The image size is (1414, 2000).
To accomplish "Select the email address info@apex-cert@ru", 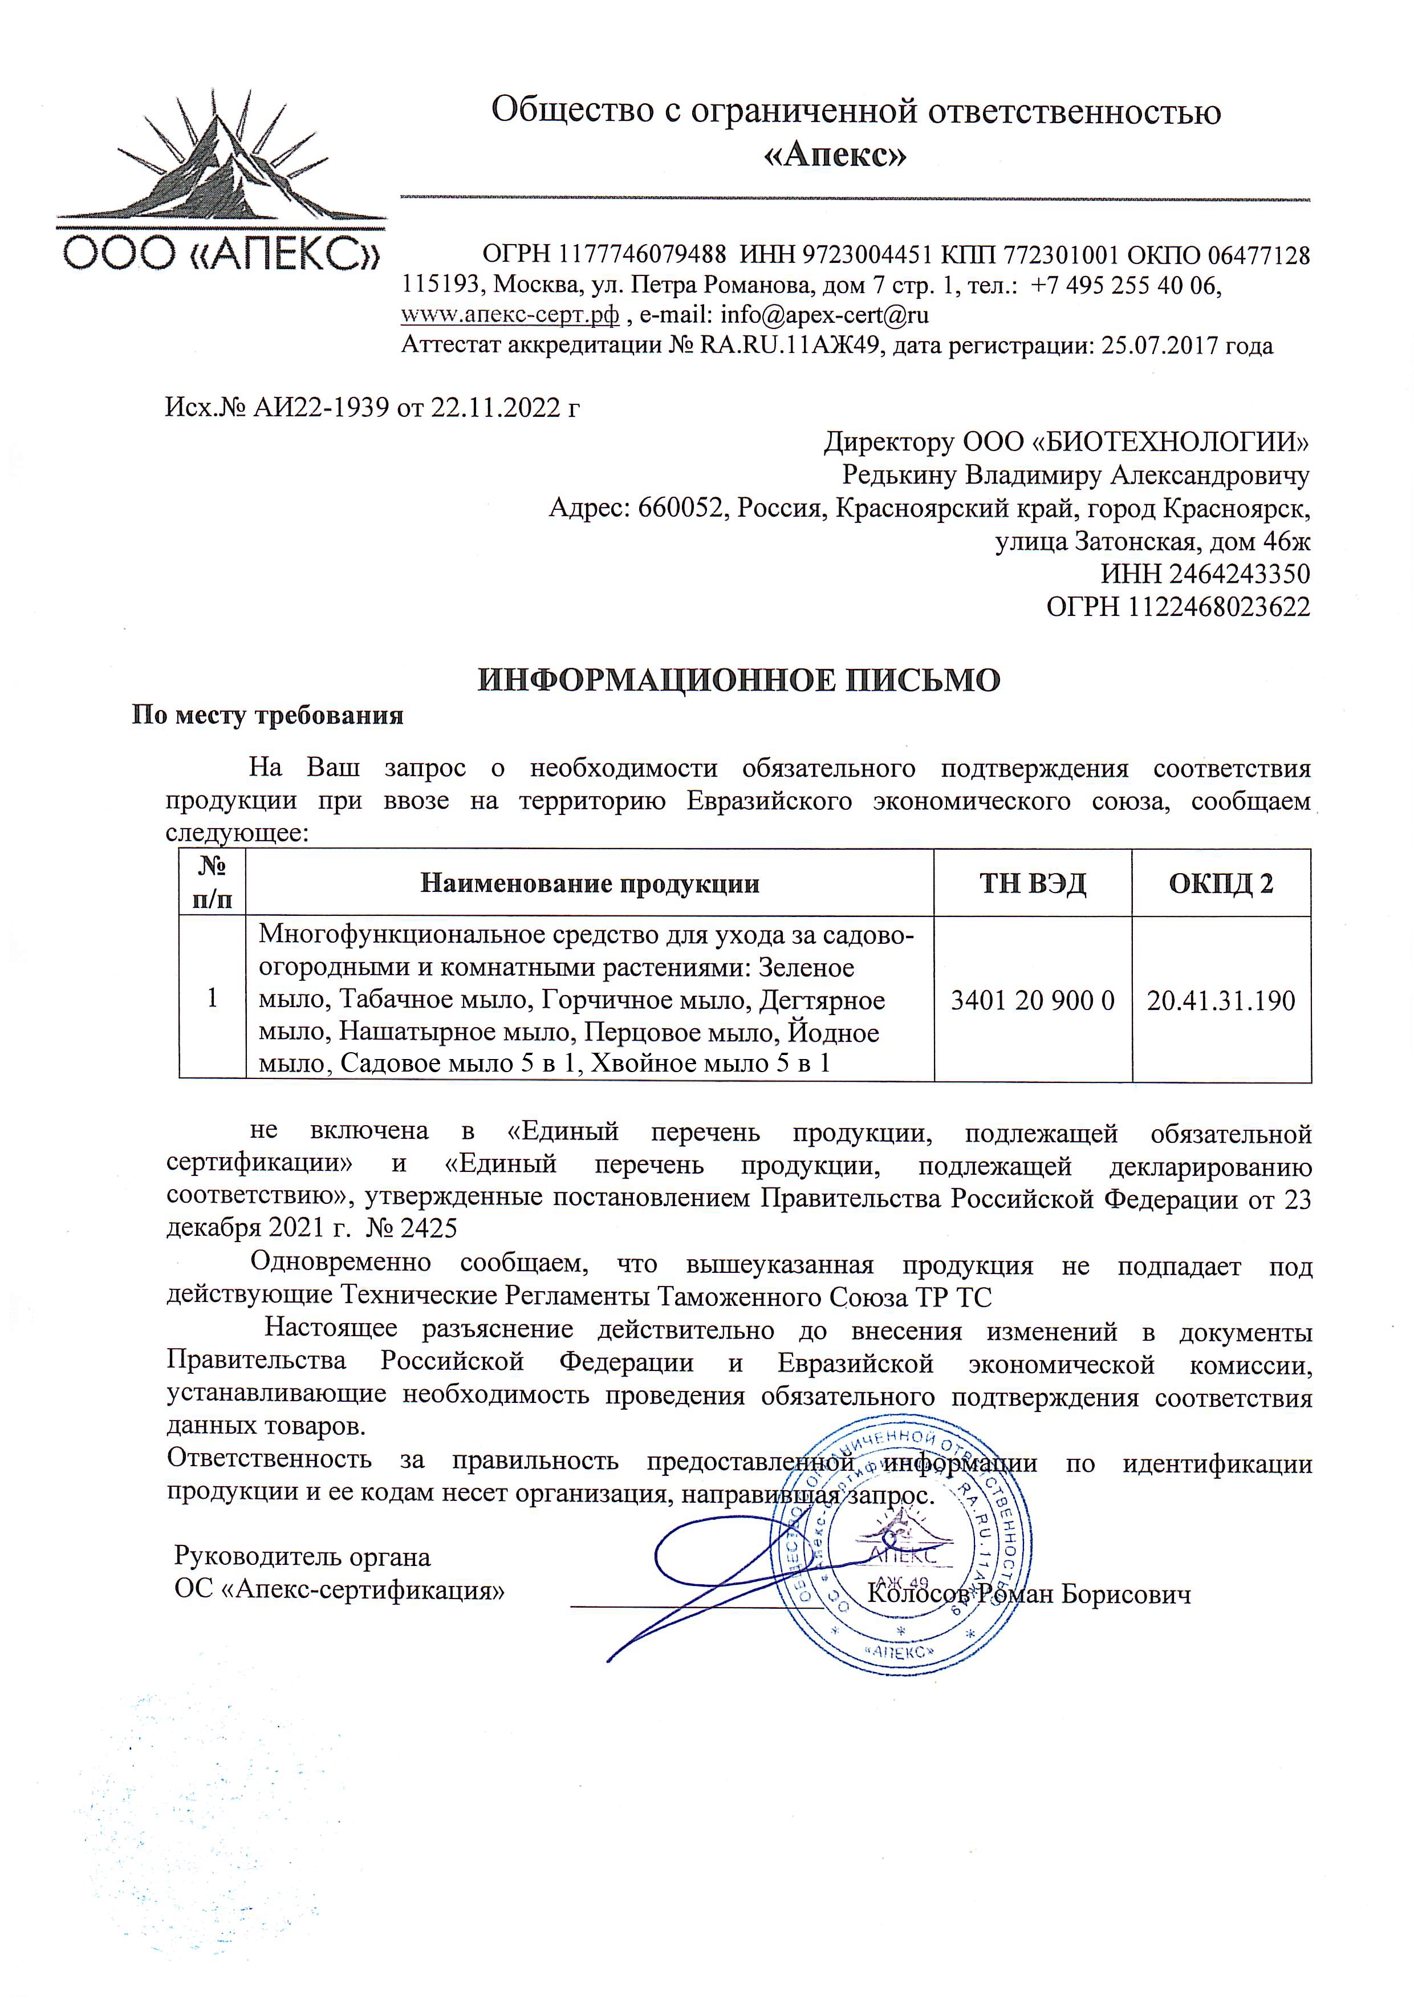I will (x=824, y=314).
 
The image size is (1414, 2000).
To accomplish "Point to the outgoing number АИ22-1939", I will (x=320, y=408).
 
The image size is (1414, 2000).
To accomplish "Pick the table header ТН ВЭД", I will (x=1033, y=883).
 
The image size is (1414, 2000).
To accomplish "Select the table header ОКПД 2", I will (x=1221, y=883).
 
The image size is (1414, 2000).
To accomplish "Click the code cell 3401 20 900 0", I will (x=1033, y=1000).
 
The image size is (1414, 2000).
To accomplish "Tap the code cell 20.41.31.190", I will (x=1221, y=1000).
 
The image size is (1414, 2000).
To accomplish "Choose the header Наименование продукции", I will (x=590, y=883).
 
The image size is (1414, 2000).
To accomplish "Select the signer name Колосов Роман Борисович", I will (x=1029, y=1594).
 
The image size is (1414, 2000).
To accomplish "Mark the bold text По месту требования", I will (x=268, y=715).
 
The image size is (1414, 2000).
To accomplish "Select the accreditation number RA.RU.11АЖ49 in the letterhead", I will (x=790, y=346).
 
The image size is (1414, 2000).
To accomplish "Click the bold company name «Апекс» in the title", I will (x=835, y=155).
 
